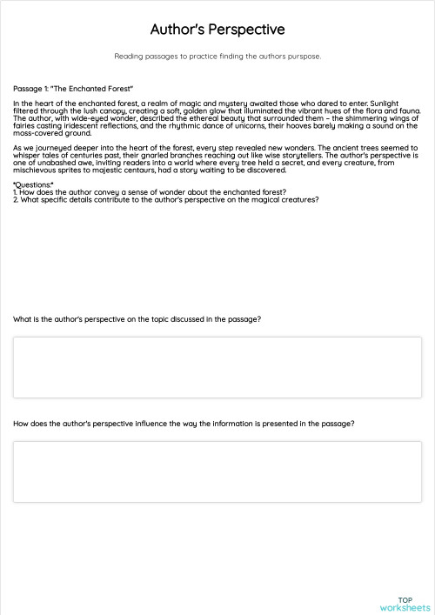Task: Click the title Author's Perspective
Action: (217, 30)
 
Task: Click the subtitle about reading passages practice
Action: (217, 57)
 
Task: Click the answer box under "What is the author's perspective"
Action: (217, 367)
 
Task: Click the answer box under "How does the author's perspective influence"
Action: (217, 471)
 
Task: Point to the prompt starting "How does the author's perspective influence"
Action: (184, 424)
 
